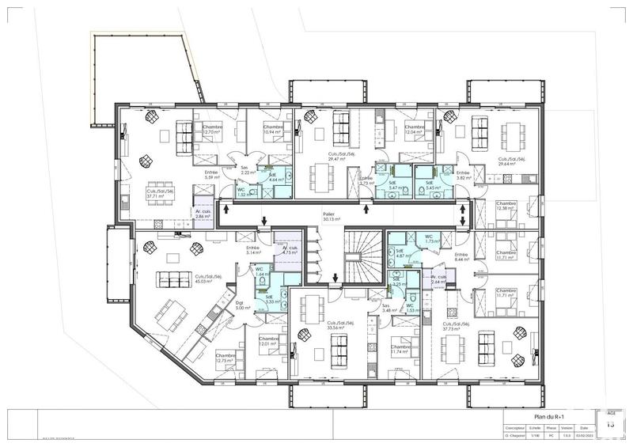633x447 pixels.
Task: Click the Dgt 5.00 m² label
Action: [x=231, y=306]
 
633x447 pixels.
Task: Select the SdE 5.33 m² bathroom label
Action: [x=271, y=298]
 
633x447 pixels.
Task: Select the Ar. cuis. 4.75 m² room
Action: [x=289, y=252]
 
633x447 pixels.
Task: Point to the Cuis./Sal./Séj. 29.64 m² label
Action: [x=512, y=161]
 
